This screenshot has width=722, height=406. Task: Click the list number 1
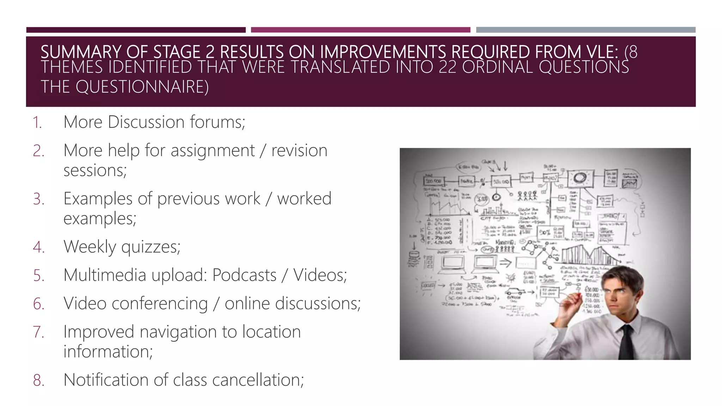point(37,123)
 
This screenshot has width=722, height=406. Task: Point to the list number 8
point(39,380)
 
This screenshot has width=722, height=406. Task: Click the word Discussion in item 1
point(146,122)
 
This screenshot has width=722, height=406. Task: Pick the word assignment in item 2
point(212,151)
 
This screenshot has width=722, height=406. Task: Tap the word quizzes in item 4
point(151,247)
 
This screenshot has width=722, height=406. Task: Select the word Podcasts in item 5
point(244,275)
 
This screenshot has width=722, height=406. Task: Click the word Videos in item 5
point(320,275)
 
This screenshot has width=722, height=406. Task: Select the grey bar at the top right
point(586,30)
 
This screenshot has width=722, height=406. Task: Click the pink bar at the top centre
point(360,30)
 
